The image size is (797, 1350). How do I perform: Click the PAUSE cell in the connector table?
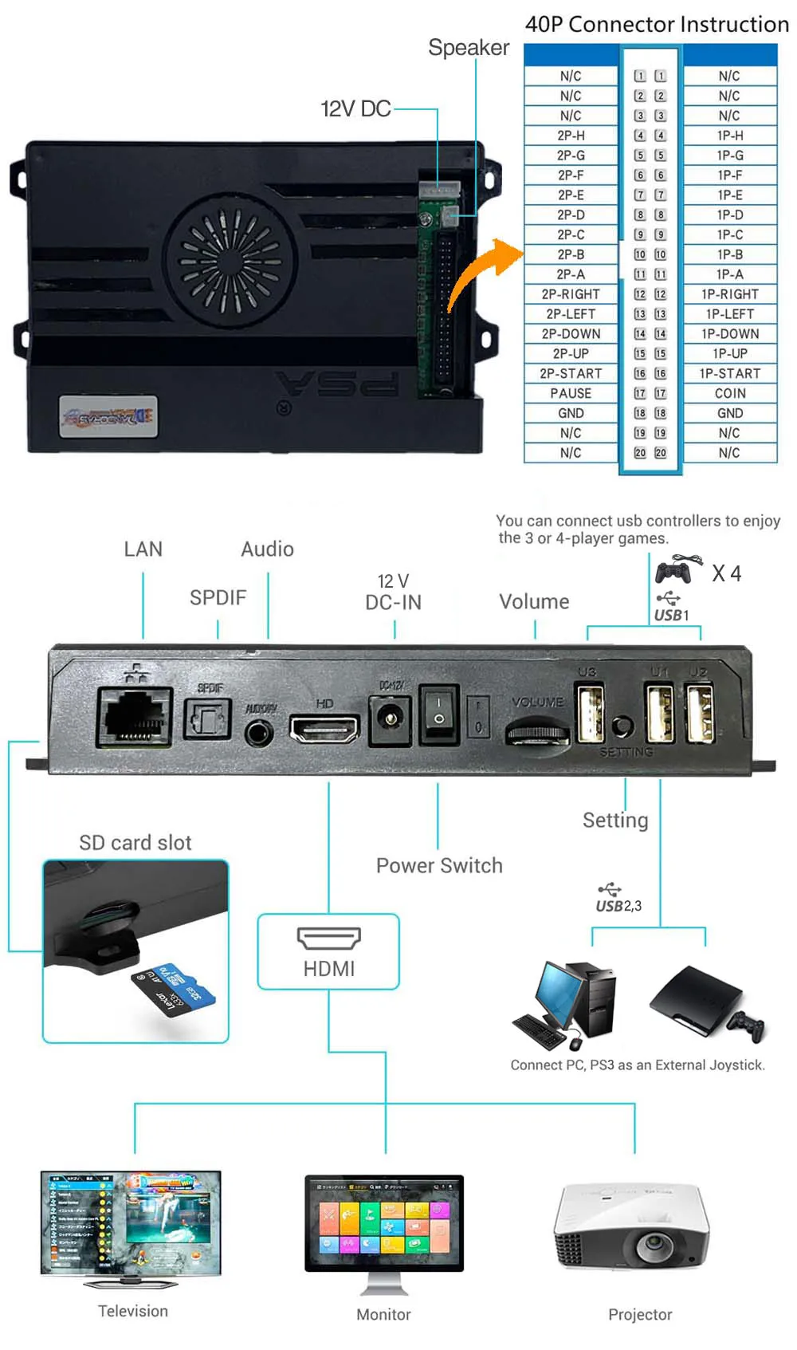pyautogui.click(x=571, y=393)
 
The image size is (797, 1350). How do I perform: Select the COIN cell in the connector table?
pyautogui.click(x=730, y=393)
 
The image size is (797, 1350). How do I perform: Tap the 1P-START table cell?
pyautogui.click(x=730, y=373)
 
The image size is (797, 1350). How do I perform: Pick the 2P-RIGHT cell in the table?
pyautogui.click(x=571, y=294)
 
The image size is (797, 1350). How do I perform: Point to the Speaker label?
pyautogui.click(x=469, y=48)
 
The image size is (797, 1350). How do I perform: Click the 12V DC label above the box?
pyautogui.click(x=355, y=108)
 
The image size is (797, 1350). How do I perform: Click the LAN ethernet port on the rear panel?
pyautogui.click(x=135, y=716)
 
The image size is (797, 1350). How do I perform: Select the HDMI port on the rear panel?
pyautogui.click(x=324, y=727)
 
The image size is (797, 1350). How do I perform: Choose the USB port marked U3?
pyautogui.click(x=590, y=714)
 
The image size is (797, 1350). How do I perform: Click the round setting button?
pyautogui.click(x=622, y=726)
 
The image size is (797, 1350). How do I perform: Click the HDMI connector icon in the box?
pyautogui.click(x=328, y=939)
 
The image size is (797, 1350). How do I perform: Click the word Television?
pyautogui.click(x=133, y=1311)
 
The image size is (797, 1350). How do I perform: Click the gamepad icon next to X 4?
pyautogui.click(x=674, y=571)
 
